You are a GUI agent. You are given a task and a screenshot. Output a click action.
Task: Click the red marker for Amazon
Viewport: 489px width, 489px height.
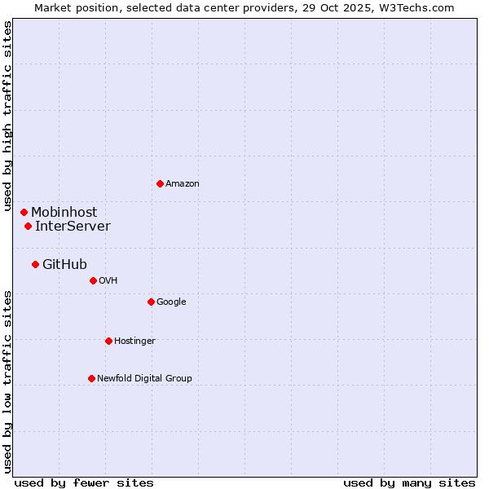(160, 183)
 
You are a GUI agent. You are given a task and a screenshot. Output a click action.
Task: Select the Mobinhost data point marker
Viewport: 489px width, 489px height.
(24, 212)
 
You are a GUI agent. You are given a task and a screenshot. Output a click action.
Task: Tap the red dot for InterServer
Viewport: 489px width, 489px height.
(28, 226)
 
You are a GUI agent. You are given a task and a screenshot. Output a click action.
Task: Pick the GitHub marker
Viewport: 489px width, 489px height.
(35, 264)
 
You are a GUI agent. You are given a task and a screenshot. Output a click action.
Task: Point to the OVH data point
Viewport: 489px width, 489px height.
(93, 280)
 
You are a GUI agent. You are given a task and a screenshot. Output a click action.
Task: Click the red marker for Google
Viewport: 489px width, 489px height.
(151, 302)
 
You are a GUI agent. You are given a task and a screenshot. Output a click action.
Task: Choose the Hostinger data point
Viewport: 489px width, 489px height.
(108, 341)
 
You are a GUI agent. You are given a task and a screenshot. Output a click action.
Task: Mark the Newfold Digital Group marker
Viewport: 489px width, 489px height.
(91, 378)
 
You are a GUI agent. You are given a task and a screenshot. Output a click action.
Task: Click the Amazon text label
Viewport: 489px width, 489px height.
(183, 184)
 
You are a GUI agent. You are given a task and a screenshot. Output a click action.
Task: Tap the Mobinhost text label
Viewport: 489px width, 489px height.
(64, 213)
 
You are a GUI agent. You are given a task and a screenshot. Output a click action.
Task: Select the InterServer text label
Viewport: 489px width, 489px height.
(73, 227)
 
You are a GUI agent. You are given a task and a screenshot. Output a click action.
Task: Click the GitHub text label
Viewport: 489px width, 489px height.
(64, 265)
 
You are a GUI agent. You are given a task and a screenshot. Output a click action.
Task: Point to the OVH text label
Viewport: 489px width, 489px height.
(108, 281)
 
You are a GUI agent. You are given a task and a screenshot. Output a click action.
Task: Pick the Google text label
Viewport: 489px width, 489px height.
(171, 302)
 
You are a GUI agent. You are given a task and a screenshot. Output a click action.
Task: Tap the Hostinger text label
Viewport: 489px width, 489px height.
(134, 341)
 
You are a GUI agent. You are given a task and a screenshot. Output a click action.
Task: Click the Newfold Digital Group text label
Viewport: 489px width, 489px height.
(144, 379)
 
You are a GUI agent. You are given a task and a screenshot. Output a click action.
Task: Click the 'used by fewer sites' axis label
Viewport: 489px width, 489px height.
(84, 482)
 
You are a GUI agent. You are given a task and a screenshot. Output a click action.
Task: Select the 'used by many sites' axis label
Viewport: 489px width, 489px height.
(409, 482)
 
